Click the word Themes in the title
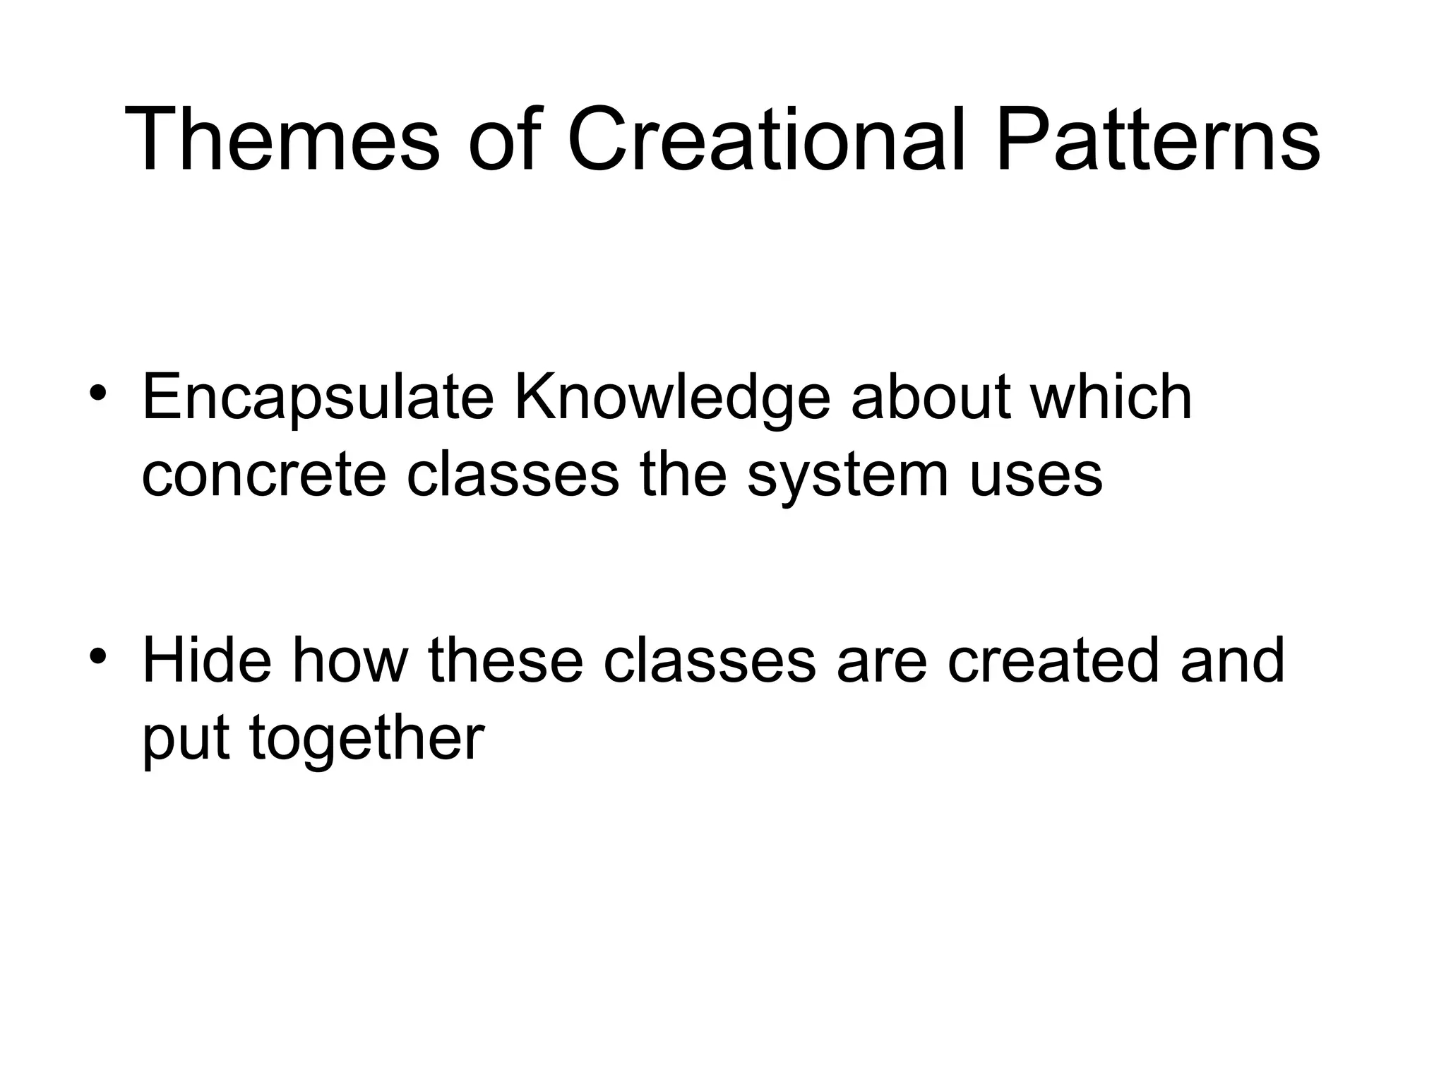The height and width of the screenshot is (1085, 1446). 282,140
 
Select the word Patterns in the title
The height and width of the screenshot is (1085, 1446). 1158,140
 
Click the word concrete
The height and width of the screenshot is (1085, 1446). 263,475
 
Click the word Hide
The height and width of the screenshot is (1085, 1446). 207,660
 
